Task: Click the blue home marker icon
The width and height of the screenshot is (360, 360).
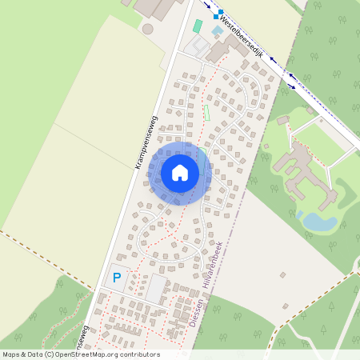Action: tap(180, 172)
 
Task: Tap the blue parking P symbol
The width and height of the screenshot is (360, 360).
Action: tap(117, 278)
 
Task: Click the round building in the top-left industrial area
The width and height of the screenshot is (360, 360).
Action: tap(147, 29)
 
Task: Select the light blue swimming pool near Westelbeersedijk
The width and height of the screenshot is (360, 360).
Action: tap(218, 30)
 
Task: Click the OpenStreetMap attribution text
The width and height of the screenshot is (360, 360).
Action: tap(80, 354)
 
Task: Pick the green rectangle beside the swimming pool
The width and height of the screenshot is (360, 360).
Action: tap(197, 26)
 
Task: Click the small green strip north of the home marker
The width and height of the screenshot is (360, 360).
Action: tap(206, 113)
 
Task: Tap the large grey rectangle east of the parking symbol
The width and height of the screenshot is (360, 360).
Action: tap(155, 290)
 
